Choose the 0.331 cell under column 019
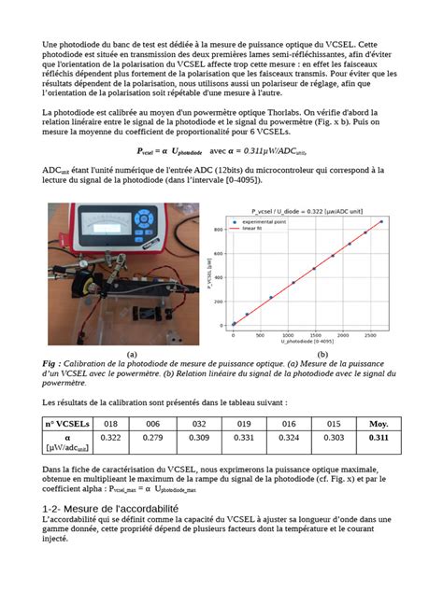tap(243, 437)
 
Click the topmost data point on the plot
tap(381, 222)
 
